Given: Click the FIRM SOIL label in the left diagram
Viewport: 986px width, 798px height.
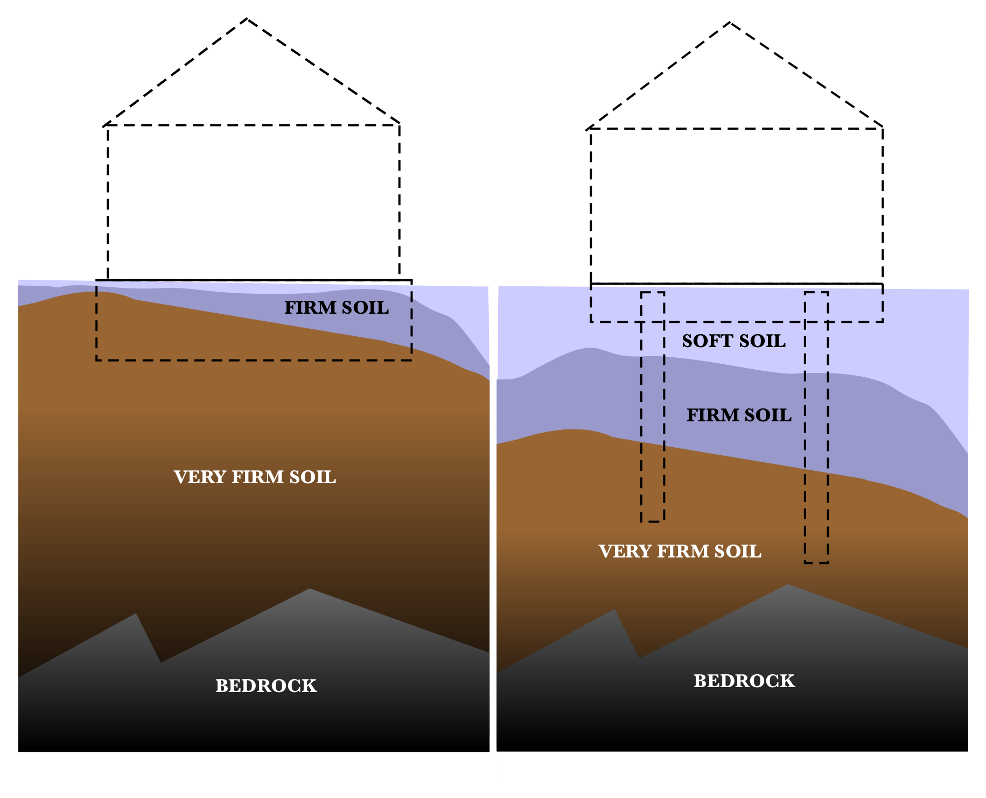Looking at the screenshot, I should coord(336,308).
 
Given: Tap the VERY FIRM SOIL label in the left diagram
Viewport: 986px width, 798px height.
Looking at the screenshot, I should coord(255,477).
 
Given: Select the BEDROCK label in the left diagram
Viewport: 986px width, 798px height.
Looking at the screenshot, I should coord(266,686).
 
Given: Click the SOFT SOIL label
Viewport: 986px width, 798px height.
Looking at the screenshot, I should coord(733,341).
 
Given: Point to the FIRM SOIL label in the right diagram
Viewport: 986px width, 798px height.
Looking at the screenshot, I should coord(739,415).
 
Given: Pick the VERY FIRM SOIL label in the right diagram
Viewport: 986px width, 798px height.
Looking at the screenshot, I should coord(680,552).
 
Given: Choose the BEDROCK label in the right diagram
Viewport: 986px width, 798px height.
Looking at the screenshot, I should coord(744,681).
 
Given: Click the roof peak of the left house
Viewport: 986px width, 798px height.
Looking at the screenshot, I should coord(247,19).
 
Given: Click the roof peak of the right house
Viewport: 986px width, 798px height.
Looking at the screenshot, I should coord(730,23).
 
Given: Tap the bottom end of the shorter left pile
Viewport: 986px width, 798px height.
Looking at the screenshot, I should coord(652,521).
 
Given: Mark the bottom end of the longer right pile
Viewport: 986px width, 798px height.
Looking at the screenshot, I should coord(816,562).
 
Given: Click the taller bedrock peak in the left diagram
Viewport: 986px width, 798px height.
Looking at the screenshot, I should coord(310,589).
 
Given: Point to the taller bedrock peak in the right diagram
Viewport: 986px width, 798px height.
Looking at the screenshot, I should coord(788,585).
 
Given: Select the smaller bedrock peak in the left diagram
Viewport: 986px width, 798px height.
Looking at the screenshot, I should coord(136,614).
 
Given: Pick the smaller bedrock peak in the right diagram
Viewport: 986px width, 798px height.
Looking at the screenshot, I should coord(614,610).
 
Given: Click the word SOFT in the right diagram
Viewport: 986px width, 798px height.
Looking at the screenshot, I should coord(702,341).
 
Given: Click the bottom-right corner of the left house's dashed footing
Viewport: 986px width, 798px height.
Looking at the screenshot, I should coord(411,359).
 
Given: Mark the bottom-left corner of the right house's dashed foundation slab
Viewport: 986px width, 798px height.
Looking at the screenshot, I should coord(591,321).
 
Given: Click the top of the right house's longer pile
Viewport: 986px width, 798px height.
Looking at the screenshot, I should coord(816,293).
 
